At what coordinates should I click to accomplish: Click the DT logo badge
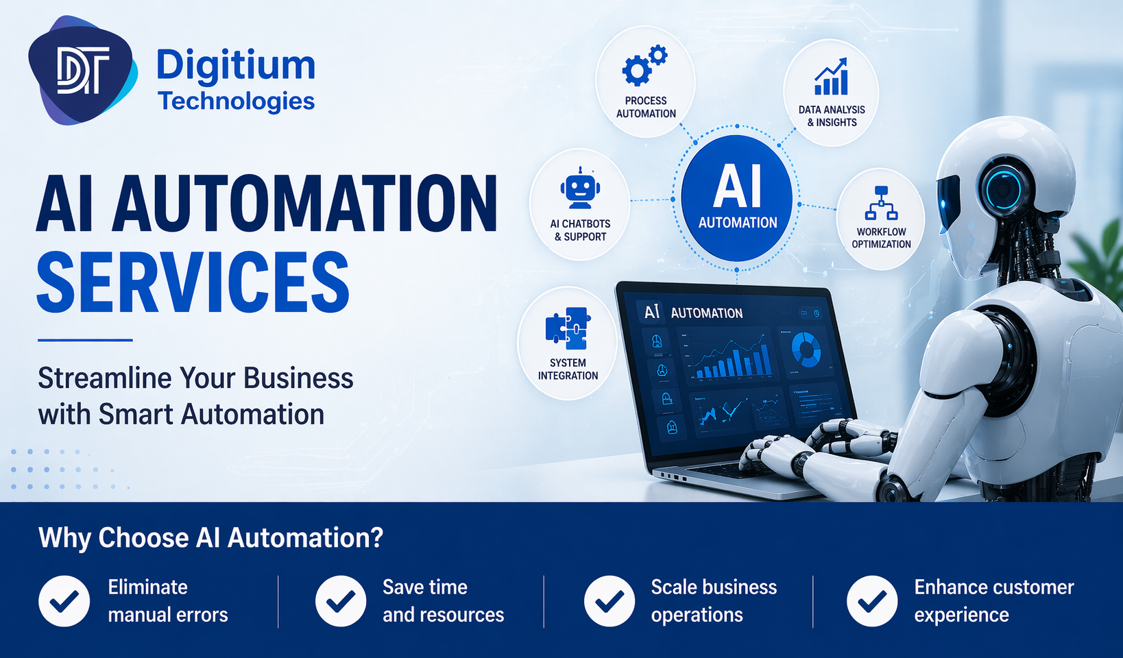pyautogui.click(x=82, y=71)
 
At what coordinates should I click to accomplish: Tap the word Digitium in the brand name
pyautogui.click(x=236, y=66)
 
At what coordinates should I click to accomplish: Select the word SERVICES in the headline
pyautogui.click(x=193, y=283)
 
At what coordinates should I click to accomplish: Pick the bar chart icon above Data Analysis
pyautogui.click(x=831, y=77)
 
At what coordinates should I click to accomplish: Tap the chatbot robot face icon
pyautogui.click(x=580, y=188)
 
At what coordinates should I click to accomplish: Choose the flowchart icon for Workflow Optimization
pyautogui.click(x=881, y=203)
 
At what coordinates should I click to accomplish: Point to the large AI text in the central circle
pyautogui.click(x=737, y=186)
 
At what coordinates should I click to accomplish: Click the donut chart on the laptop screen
pyautogui.click(x=806, y=349)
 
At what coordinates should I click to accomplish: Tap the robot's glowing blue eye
pyautogui.click(x=1004, y=187)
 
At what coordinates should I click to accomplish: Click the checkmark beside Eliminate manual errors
pyautogui.click(x=64, y=601)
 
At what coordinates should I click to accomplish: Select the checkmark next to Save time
pyautogui.click(x=341, y=601)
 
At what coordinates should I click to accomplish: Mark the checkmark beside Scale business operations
pyautogui.click(x=609, y=601)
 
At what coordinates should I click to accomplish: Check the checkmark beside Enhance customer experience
pyautogui.click(x=872, y=601)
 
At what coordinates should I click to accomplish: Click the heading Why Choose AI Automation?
pyautogui.click(x=210, y=538)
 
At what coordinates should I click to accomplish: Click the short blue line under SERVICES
pyautogui.click(x=85, y=340)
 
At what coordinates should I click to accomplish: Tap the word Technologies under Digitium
pyautogui.click(x=237, y=101)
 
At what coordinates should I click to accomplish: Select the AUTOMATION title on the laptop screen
pyautogui.click(x=707, y=313)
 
